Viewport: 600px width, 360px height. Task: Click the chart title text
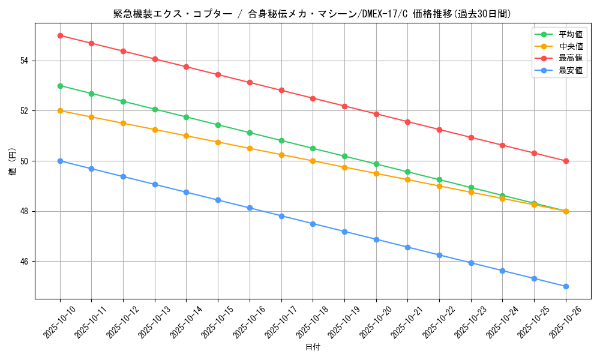312,14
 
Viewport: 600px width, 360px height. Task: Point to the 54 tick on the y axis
25,61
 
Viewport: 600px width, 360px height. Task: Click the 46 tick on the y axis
25,262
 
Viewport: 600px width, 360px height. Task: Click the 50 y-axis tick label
25,161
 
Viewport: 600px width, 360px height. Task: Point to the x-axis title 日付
313,347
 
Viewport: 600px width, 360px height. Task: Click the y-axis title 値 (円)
12,161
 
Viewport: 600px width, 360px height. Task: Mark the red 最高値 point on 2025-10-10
60,35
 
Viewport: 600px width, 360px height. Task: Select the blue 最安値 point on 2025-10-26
566,286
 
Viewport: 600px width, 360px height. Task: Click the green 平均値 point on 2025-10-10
60,86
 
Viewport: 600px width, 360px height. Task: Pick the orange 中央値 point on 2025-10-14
186,136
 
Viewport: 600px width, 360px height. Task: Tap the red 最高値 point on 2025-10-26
566,161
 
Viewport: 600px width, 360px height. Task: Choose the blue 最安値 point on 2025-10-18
313,224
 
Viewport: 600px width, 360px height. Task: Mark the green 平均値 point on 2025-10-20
376,164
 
